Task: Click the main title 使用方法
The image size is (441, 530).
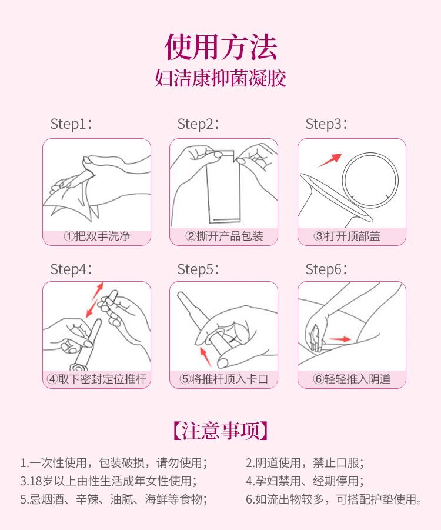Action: click(220, 46)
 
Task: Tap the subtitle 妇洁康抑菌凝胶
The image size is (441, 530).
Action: click(220, 78)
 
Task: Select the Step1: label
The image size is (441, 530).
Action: click(71, 124)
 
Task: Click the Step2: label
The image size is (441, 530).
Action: click(198, 124)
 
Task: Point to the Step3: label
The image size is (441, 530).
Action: click(326, 124)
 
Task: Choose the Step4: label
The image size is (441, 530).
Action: click(71, 269)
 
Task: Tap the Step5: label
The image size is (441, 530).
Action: click(198, 269)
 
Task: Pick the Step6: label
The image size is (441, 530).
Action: click(326, 269)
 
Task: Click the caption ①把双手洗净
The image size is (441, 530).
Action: click(97, 236)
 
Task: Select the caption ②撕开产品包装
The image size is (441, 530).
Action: click(224, 236)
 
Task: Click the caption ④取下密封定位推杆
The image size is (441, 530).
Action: click(96, 379)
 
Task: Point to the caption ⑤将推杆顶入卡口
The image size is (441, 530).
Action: click(223, 379)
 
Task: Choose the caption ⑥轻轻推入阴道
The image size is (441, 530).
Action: click(352, 379)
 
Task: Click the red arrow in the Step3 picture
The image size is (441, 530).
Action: click(330, 160)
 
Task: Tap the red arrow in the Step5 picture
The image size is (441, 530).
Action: click(205, 356)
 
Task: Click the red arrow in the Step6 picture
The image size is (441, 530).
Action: click(340, 339)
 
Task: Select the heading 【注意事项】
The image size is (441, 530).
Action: click(220, 431)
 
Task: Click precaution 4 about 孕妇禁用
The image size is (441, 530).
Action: click(305, 481)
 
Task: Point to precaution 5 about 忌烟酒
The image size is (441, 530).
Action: click(114, 499)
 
